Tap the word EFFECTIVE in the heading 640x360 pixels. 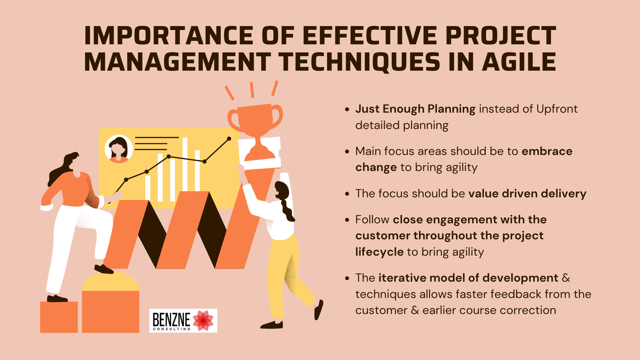point(370,35)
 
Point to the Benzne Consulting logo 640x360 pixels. point(183,320)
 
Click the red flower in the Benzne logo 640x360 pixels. point(203,320)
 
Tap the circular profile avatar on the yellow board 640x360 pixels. point(118,148)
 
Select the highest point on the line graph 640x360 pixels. point(229,139)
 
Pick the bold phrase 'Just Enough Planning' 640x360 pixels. point(415,109)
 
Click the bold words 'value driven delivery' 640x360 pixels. point(527,194)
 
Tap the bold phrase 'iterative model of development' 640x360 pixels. point(468,278)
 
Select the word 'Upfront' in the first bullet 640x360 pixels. point(557,109)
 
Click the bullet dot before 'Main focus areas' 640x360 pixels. point(347,152)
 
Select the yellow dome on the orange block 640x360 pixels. point(110,282)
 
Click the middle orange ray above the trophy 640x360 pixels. point(252,90)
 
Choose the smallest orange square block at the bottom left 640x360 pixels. point(59,317)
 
